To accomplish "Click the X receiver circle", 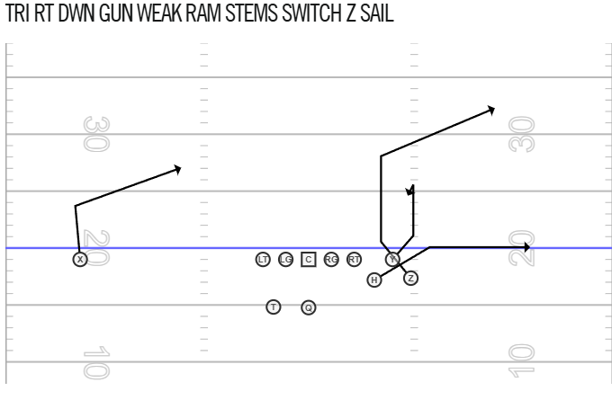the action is [80, 259].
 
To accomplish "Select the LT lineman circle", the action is [263, 259].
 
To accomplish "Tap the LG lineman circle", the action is [285, 259].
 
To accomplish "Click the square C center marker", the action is [309, 259].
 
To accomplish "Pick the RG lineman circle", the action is [331, 259].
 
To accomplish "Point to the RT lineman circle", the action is [354, 259].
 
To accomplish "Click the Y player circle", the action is [392, 259].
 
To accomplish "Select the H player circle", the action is [374, 280].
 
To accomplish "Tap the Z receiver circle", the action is [410, 279].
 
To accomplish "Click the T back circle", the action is [274, 307].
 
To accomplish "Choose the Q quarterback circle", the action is [309, 307].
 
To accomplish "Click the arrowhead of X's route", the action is [177, 170].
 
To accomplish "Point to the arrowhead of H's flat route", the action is [526, 247].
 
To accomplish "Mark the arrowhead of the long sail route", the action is [491, 111].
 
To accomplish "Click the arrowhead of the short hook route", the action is [409, 191].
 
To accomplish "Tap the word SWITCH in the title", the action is [311, 13].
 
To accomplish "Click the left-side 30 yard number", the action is [97, 134].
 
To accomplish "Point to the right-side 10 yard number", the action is [521, 360].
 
